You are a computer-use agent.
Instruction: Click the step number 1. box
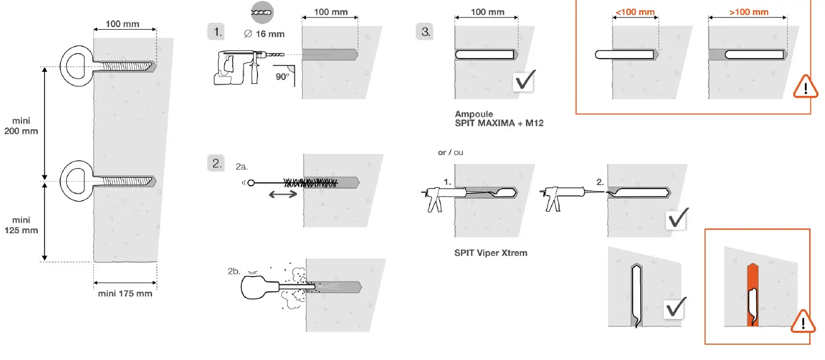[x=216, y=31]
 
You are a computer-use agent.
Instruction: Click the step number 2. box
[x=216, y=163]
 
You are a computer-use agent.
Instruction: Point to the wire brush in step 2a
[x=309, y=183]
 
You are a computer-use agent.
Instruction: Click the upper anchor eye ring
[x=76, y=65]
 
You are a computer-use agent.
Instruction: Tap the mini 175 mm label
[x=125, y=293]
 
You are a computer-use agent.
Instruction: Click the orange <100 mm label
[x=635, y=12]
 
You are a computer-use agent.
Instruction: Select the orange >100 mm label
[x=749, y=12]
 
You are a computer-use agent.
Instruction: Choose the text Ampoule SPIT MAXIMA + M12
[x=499, y=119]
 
